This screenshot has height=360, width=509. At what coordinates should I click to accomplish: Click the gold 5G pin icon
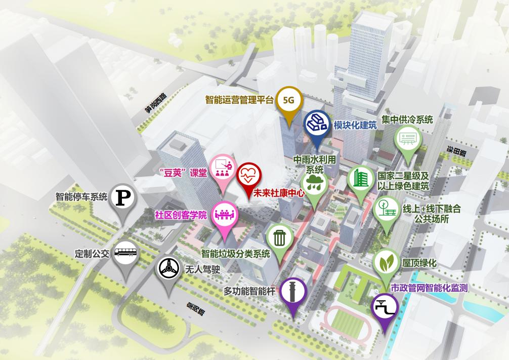[x=288, y=101]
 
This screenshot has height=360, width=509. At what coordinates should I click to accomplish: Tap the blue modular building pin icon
[x=317, y=124]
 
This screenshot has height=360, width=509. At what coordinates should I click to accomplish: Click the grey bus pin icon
[x=124, y=253]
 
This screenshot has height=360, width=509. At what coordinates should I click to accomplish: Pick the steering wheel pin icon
[x=167, y=269]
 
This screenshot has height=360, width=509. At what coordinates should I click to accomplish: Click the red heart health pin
[x=249, y=175]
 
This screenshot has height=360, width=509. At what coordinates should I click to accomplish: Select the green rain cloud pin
[x=314, y=183]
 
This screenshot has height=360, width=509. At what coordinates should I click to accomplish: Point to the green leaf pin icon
[x=387, y=263]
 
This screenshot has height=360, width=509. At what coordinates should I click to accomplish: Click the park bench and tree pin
[x=386, y=209]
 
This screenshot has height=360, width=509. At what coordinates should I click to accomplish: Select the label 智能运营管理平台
[x=239, y=99]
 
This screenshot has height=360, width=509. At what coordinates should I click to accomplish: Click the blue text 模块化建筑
[x=355, y=125]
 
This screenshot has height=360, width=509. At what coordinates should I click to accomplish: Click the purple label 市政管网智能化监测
[x=429, y=288]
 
